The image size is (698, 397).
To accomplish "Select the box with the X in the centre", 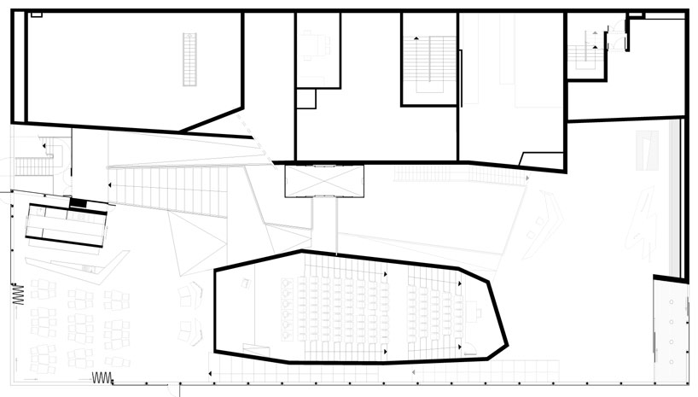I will pos(323,180).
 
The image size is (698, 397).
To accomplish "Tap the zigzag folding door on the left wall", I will pos(16,295).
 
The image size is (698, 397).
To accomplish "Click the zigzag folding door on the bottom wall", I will pos(102,377).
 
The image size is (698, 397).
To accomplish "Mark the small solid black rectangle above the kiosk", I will pos(79,202).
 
